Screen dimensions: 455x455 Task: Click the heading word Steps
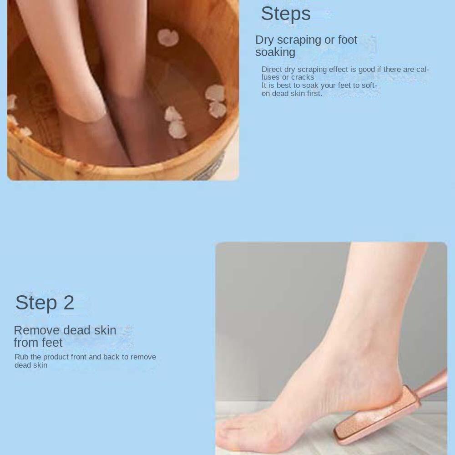point(286,14)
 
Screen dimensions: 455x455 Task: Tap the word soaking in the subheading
point(275,52)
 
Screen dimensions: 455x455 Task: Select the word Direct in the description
point(272,69)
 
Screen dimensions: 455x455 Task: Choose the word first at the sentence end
point(314,93)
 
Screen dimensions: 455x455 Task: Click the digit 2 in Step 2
point(68,303)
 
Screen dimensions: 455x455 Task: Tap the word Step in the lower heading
point(36,303)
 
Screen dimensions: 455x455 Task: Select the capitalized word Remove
point(36,330)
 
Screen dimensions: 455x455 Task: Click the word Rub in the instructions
point(21,357)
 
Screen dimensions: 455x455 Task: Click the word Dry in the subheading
point(265,40)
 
